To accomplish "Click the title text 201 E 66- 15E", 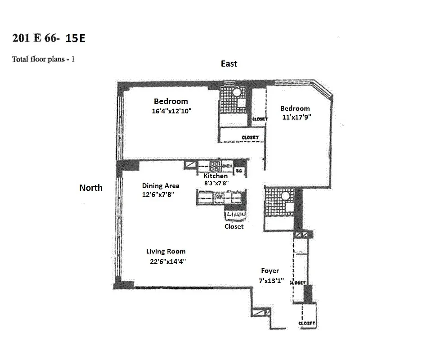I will (x=49, y=38).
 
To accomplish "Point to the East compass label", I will (x=229, y=64).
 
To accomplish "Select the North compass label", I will (x=91, y=188).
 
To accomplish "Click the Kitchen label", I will (x=215, y=176).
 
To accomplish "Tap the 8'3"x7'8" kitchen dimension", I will (x=216, y=183).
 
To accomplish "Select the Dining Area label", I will (x=161, y=185).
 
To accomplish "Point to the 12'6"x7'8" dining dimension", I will (x=158, y=194).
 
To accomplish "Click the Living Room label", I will (x=166, y=252).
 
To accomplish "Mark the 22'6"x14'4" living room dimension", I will (x=166, y=261).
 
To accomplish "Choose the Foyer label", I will (x=270, y=270).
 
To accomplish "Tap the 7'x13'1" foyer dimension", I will (x=271, y=280).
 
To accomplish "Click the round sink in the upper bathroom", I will (x=234, y=93).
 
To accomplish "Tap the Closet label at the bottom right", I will (x=307, y=323).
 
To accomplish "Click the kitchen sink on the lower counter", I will (x=220, y=196).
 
